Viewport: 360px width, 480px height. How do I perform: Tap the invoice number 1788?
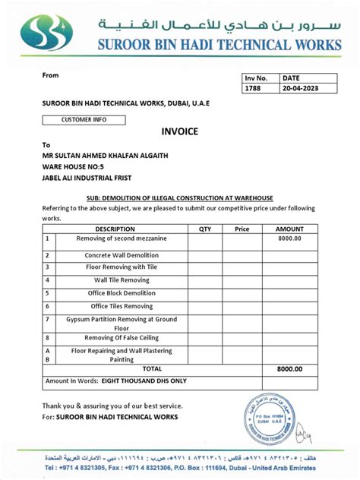[x=253, y=88]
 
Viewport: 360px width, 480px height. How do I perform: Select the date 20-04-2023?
[x=300, y=88]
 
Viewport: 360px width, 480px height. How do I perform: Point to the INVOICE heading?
[x=179, y=131]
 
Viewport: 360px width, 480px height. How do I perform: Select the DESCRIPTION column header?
[x=115, y=229]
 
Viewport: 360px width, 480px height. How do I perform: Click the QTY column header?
[x=205, y=229]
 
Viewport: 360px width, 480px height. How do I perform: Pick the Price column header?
[x=242, y=229]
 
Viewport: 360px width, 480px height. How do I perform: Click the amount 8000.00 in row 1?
[x=289, y=238]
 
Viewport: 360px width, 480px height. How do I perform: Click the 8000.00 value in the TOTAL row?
[x=289, y=368]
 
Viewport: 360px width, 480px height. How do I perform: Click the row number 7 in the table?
[x=47, y=320]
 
